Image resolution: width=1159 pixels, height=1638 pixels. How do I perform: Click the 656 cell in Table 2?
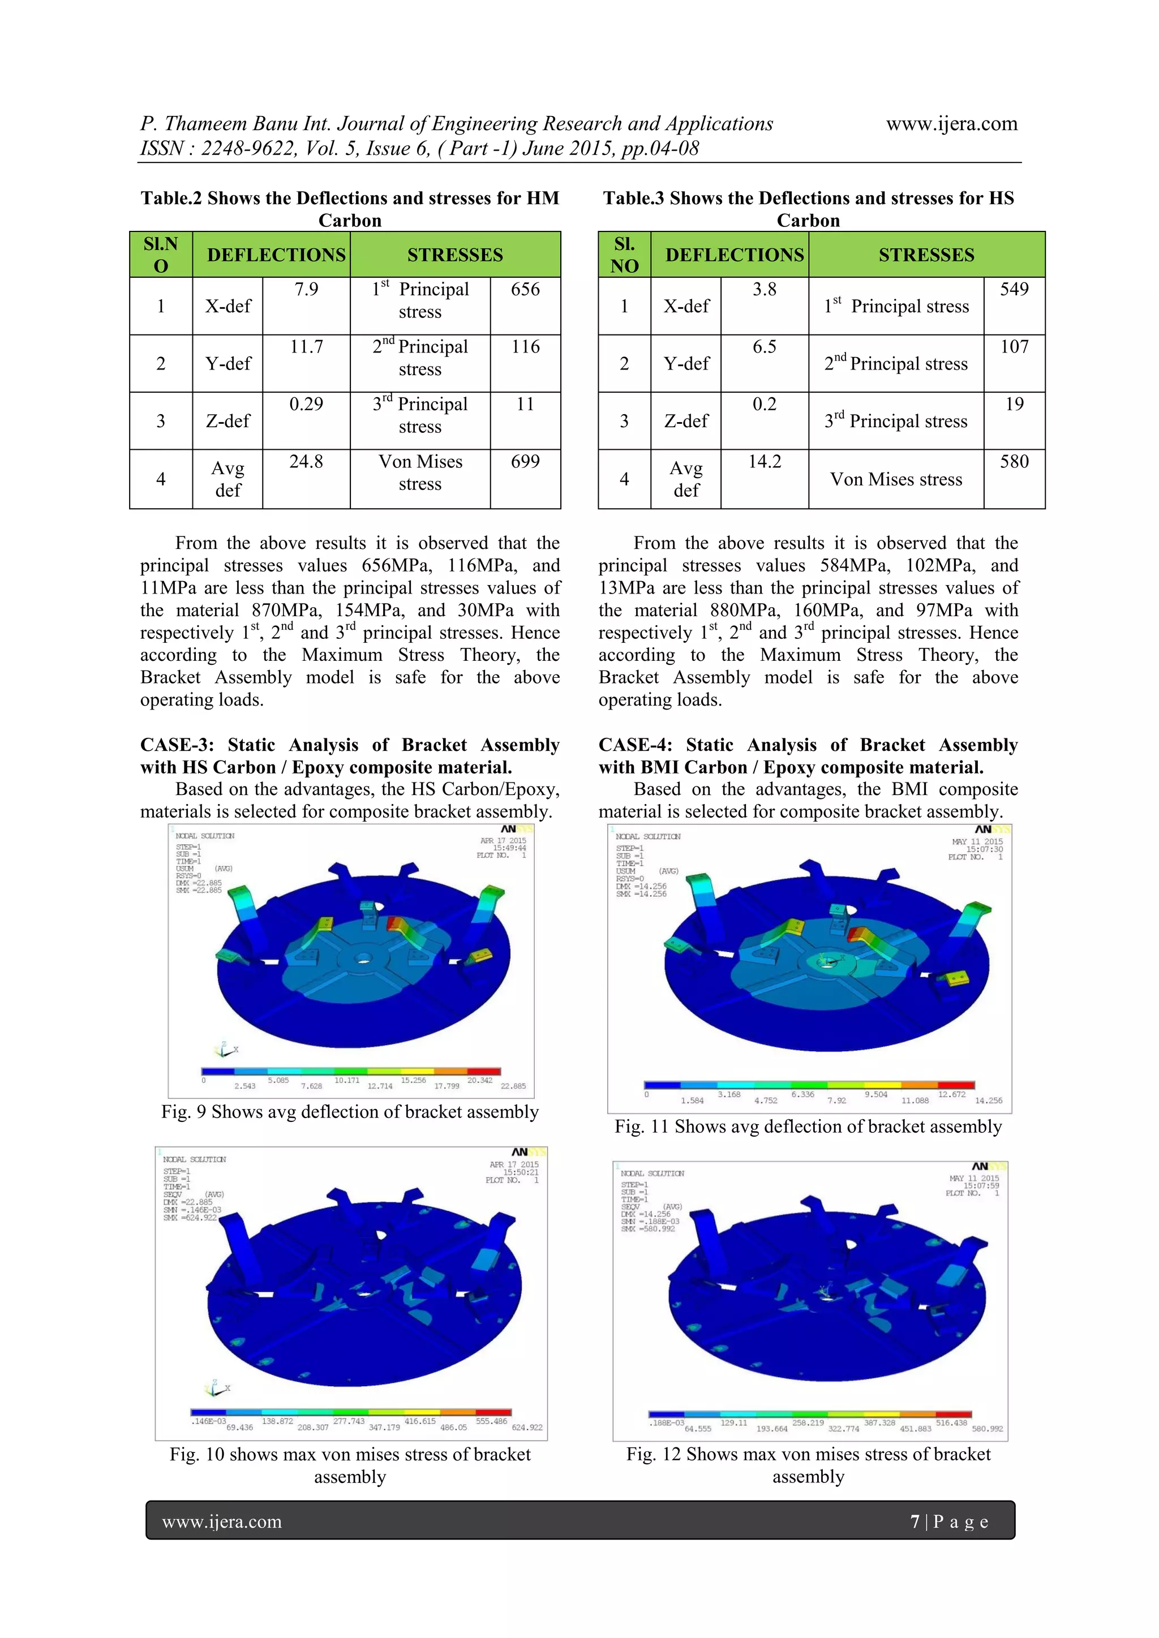click(525, 290)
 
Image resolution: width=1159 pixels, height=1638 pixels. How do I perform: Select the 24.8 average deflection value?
click(306, 462)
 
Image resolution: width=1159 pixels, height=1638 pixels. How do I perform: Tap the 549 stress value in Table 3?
click(1014, 290)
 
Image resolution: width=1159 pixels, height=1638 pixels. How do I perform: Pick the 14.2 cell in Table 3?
click(765, 462)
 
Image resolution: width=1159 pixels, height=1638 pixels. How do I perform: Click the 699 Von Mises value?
click(525, 462)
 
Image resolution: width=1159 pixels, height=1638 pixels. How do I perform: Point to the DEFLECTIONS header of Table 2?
click(276, 255)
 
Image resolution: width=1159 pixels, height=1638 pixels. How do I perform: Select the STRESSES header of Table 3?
click(926, 255)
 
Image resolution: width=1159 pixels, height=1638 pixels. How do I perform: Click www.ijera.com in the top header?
click(951, 124)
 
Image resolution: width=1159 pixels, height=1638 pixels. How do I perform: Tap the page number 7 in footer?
click(915, 1521)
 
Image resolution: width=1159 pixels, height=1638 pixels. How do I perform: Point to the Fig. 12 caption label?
click(653, 1455)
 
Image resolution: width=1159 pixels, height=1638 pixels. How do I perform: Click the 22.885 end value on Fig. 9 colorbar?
click(513, 1086)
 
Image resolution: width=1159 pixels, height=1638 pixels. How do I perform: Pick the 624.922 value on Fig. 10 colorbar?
click(527, 1428)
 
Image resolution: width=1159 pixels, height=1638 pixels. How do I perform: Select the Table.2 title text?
click(350, 199)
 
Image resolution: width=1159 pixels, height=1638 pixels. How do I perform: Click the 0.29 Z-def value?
click(306, 405)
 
